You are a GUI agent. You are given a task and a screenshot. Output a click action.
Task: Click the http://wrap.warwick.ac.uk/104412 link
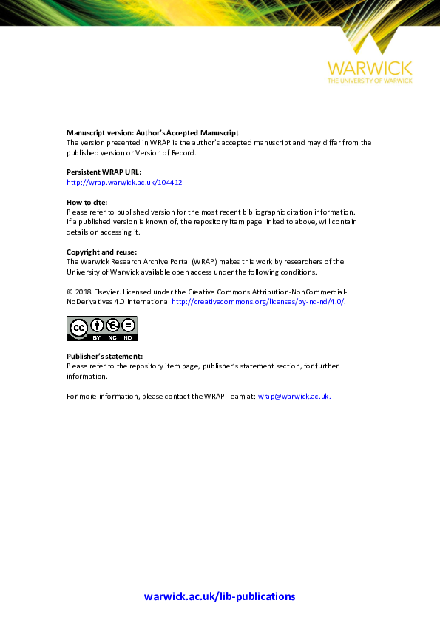124,182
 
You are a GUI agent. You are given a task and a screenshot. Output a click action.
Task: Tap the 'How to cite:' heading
87,202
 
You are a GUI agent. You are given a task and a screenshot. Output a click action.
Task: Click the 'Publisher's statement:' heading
105,357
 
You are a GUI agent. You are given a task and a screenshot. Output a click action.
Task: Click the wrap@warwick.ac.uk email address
294,397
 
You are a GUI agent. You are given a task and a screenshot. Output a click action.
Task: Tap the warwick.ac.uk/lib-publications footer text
220,596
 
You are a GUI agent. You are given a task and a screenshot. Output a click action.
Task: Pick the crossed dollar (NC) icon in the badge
112,325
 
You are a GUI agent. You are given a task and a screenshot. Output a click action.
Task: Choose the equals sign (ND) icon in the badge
128,325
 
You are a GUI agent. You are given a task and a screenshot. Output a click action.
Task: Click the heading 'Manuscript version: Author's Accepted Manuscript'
152,132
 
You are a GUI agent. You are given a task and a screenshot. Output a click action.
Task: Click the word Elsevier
109,292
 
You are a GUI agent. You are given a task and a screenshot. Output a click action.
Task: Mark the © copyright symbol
70,292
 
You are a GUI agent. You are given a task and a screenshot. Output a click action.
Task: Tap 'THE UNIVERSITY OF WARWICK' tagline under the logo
370,80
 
